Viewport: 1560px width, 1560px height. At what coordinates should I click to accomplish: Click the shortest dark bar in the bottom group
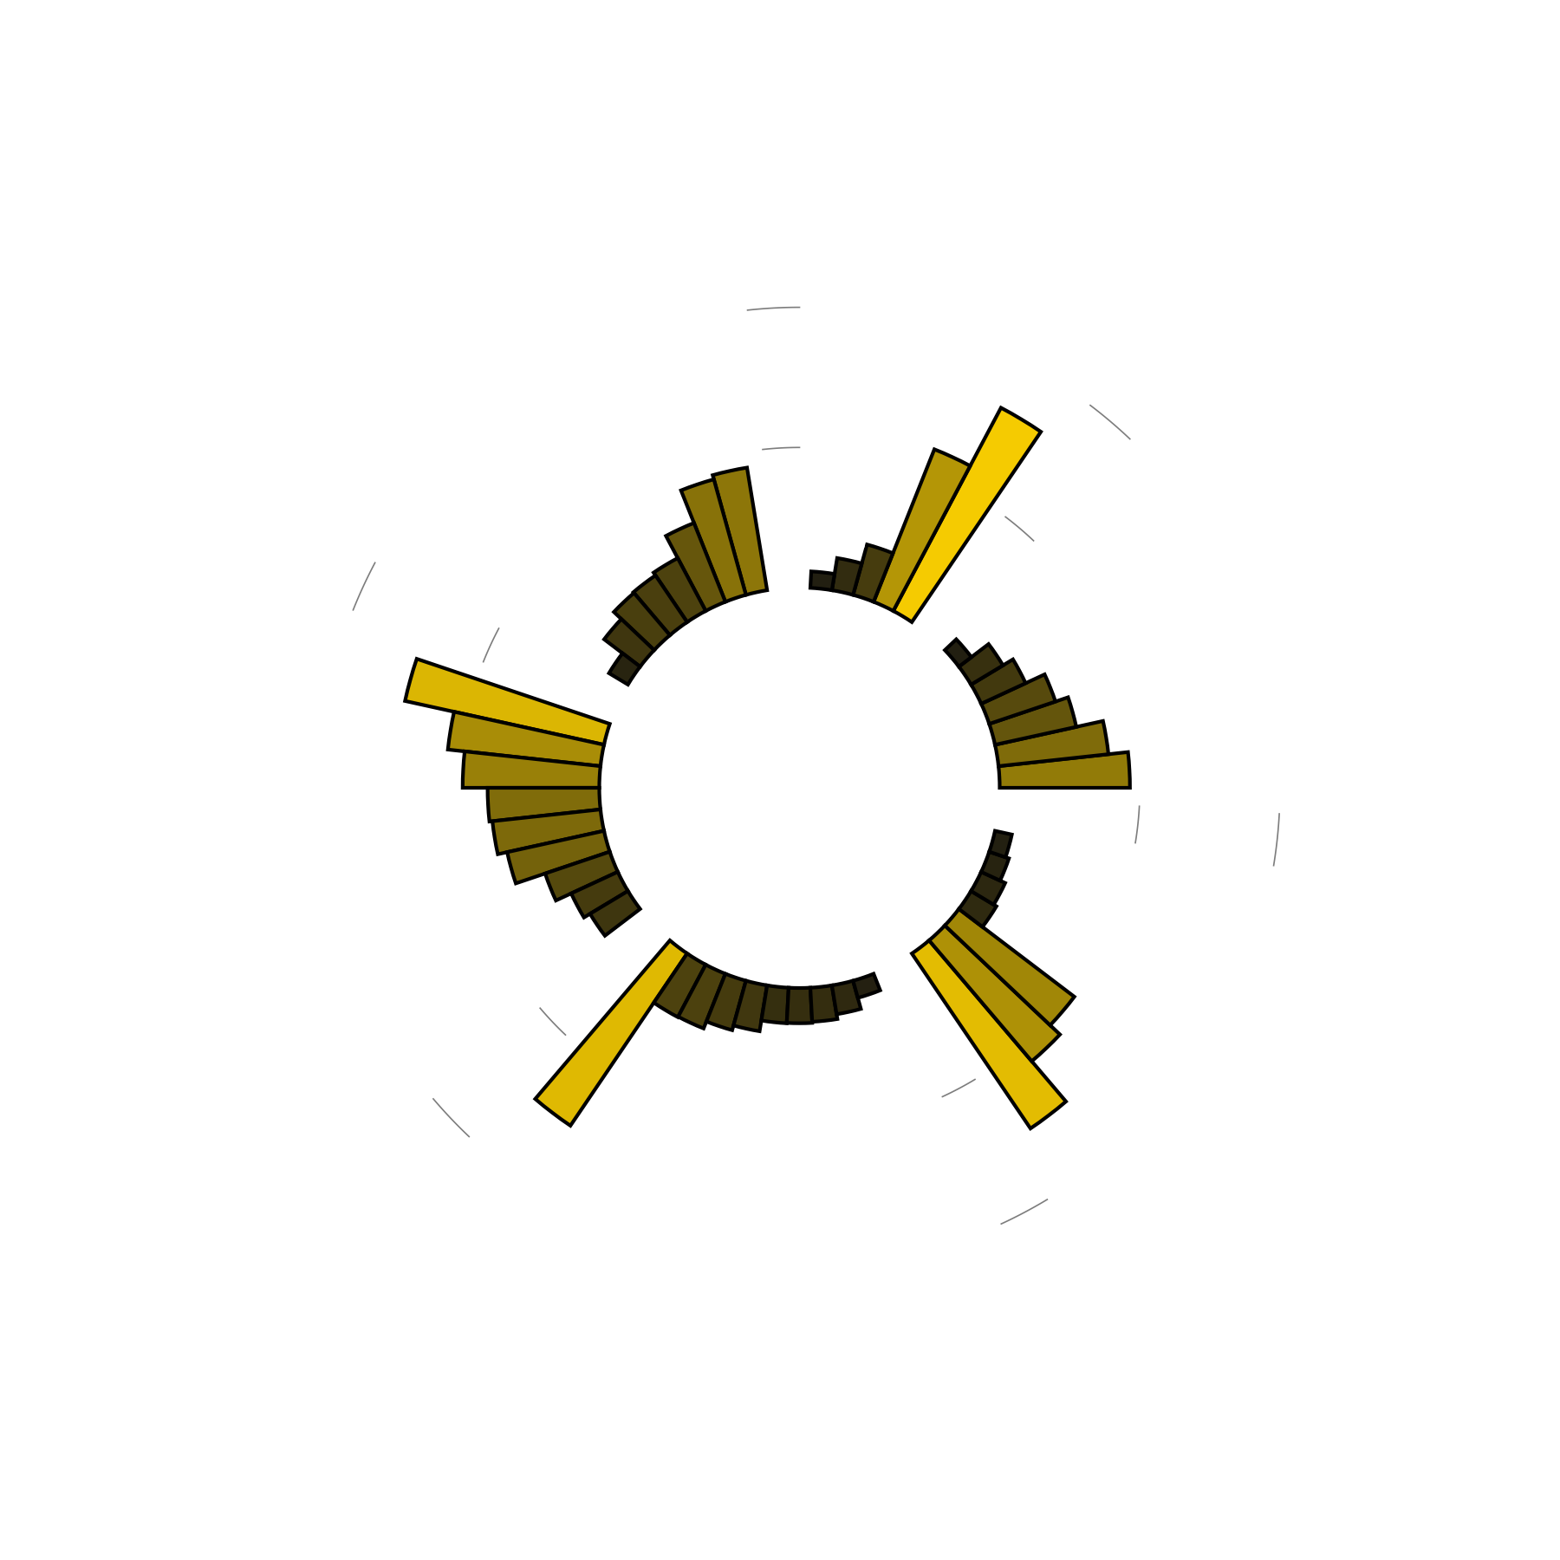[868, 985]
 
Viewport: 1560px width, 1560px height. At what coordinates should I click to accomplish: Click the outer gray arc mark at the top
[773, 308]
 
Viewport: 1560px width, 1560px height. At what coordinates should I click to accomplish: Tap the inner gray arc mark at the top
[781, 448]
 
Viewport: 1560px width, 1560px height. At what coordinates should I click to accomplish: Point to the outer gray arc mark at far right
[1277, 840]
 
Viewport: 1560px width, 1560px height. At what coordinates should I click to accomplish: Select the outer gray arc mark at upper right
[1110, 421]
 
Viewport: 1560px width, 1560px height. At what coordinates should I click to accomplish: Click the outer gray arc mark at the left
[363, 586]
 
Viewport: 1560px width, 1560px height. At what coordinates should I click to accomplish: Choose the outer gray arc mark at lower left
[451, 1118]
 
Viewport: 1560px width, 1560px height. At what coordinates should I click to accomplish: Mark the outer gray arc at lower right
[1024, 1212]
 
